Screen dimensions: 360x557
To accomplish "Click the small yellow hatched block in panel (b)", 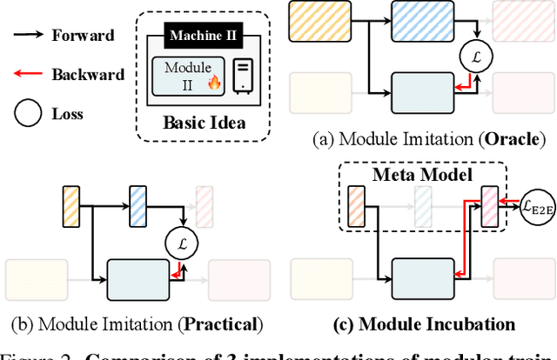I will coord(72,206).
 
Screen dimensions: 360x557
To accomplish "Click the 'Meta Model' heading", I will coord(412,175).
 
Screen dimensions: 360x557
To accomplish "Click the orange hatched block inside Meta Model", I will coord(357,210).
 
